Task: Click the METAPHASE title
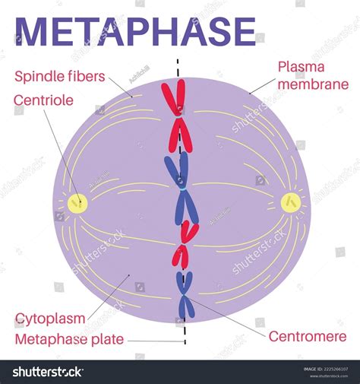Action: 135,32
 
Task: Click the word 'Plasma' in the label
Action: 302,68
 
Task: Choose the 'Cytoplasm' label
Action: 49,318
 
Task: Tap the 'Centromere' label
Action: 307,336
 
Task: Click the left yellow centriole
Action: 77,202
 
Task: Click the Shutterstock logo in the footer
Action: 47,372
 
